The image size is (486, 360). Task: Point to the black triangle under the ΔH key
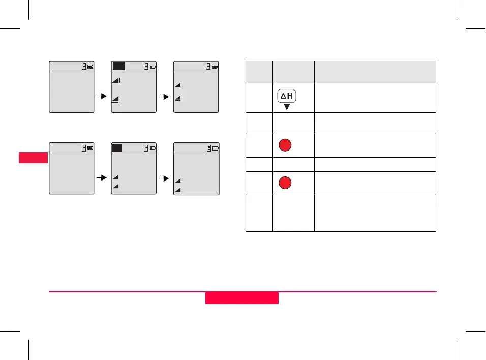287,107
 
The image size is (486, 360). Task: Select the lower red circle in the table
286,183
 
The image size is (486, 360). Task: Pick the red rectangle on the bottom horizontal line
242,298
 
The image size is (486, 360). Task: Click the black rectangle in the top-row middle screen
118,66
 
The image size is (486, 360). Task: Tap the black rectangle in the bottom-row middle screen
117,148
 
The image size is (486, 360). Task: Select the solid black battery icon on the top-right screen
215,66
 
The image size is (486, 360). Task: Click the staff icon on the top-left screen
84,66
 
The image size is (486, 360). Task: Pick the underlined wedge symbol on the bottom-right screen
178,190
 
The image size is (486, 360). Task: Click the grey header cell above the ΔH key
293,72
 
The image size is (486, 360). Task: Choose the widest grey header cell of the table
375,72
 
